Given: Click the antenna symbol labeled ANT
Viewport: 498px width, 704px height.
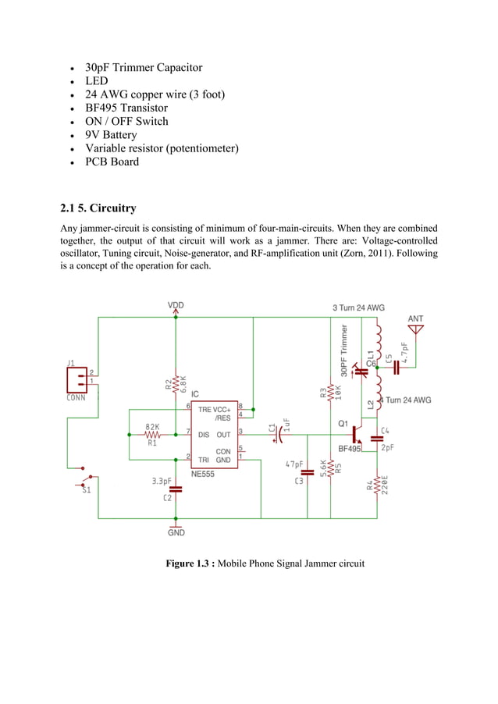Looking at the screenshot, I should (x=415, y=329).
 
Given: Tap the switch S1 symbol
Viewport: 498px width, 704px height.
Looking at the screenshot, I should (x=87, y=478).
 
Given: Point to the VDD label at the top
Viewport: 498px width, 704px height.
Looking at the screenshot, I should (x=176, y=305).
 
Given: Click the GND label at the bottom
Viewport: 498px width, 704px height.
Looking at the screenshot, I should (x=176, y=532).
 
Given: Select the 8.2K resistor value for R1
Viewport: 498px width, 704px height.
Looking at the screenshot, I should (x=152, y=426).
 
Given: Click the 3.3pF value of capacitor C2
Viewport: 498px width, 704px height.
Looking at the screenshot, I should (x=162, y=482).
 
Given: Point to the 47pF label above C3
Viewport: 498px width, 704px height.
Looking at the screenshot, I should (x=293, y=464).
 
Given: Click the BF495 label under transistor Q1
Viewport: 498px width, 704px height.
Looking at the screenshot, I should (x=349, y=449).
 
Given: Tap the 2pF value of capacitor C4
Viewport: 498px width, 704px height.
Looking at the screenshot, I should (x=387, y=448).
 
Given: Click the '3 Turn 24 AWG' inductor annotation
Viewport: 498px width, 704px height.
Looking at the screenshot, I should (x=358, y=308).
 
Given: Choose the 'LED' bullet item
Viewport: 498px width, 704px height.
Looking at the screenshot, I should (x=97, y=81).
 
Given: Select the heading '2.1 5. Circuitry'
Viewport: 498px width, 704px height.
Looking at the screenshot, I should (x=98, y=208).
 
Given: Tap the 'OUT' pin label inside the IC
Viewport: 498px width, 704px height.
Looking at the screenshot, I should (x=223, y=435).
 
